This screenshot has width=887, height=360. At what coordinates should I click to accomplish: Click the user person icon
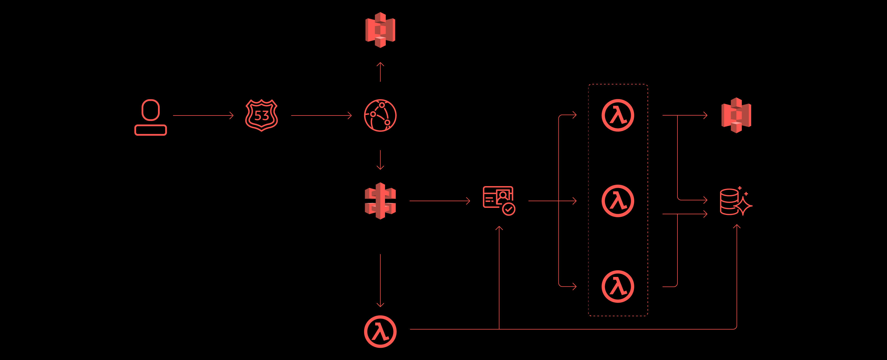[151, 117]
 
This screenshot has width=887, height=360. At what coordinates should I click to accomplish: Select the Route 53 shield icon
[261, 115]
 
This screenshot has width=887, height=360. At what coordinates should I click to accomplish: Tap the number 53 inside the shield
[261, 116]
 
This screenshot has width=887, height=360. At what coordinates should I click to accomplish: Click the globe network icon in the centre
[380, 115]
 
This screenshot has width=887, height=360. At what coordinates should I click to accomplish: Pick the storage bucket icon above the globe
[380, 30]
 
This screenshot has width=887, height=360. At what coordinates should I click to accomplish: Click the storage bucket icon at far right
[736, 115]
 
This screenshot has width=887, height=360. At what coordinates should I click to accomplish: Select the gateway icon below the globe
[380, 201]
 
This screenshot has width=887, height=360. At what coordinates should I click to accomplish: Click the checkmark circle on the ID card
[509, 209]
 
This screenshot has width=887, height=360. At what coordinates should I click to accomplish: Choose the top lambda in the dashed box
[618, 115]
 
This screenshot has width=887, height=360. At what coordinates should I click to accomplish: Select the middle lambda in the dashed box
[618, 201]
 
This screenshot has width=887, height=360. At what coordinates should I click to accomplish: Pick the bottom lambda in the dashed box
[618, 286]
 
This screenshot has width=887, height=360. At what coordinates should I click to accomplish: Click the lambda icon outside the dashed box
[380, 331]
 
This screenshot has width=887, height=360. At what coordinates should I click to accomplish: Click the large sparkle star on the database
[744, 206]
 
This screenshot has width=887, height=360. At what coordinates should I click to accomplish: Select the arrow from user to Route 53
[203, 115]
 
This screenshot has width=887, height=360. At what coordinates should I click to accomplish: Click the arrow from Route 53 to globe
[321, 115]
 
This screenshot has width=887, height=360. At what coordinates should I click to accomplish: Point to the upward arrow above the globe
[380, 72]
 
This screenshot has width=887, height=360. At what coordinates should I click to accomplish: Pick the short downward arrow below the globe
[380, 160]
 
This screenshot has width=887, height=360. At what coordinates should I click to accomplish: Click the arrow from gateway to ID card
[439, 201]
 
